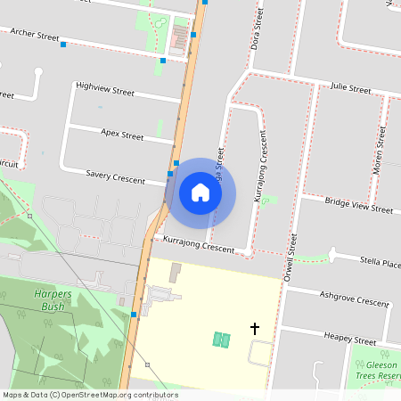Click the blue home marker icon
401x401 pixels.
[x=200, y=192]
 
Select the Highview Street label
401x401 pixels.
[x=105, y=89]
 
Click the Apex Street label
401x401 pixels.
[x=122, y=135]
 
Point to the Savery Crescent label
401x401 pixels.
[x=116, y=178]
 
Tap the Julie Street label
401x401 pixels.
[x=350, y=89]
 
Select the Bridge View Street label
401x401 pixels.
[x=358, y=207]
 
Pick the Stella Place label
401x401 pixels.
[x=379, y=263]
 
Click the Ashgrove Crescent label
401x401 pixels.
[x=354, y=299]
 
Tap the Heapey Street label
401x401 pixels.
[x=350, y=339]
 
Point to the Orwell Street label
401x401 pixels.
[x=290, y=256]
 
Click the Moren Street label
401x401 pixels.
[x=380, y=150]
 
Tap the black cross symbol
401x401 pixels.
[x=255, y=329]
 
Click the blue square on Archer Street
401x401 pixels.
[x=63, y=45]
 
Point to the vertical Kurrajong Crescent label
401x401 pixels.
[x=260, y=167]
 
